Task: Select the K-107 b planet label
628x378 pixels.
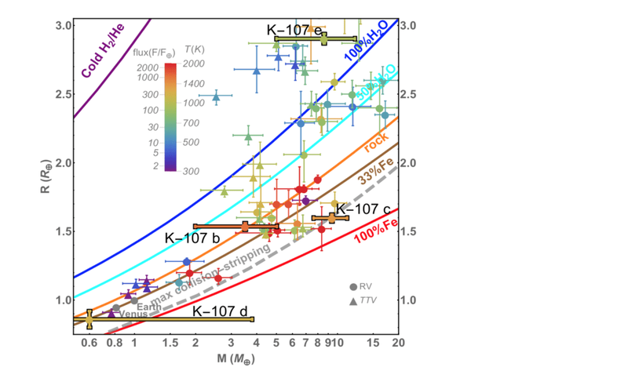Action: click(x=191, y=238)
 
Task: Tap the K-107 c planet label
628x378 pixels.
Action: click(x=363, y=209)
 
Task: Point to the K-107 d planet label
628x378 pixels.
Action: click(x=219, y=311)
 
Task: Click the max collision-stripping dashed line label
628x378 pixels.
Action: click(x=216, y=271)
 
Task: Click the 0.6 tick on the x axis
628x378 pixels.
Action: click(x=89, y=343)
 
